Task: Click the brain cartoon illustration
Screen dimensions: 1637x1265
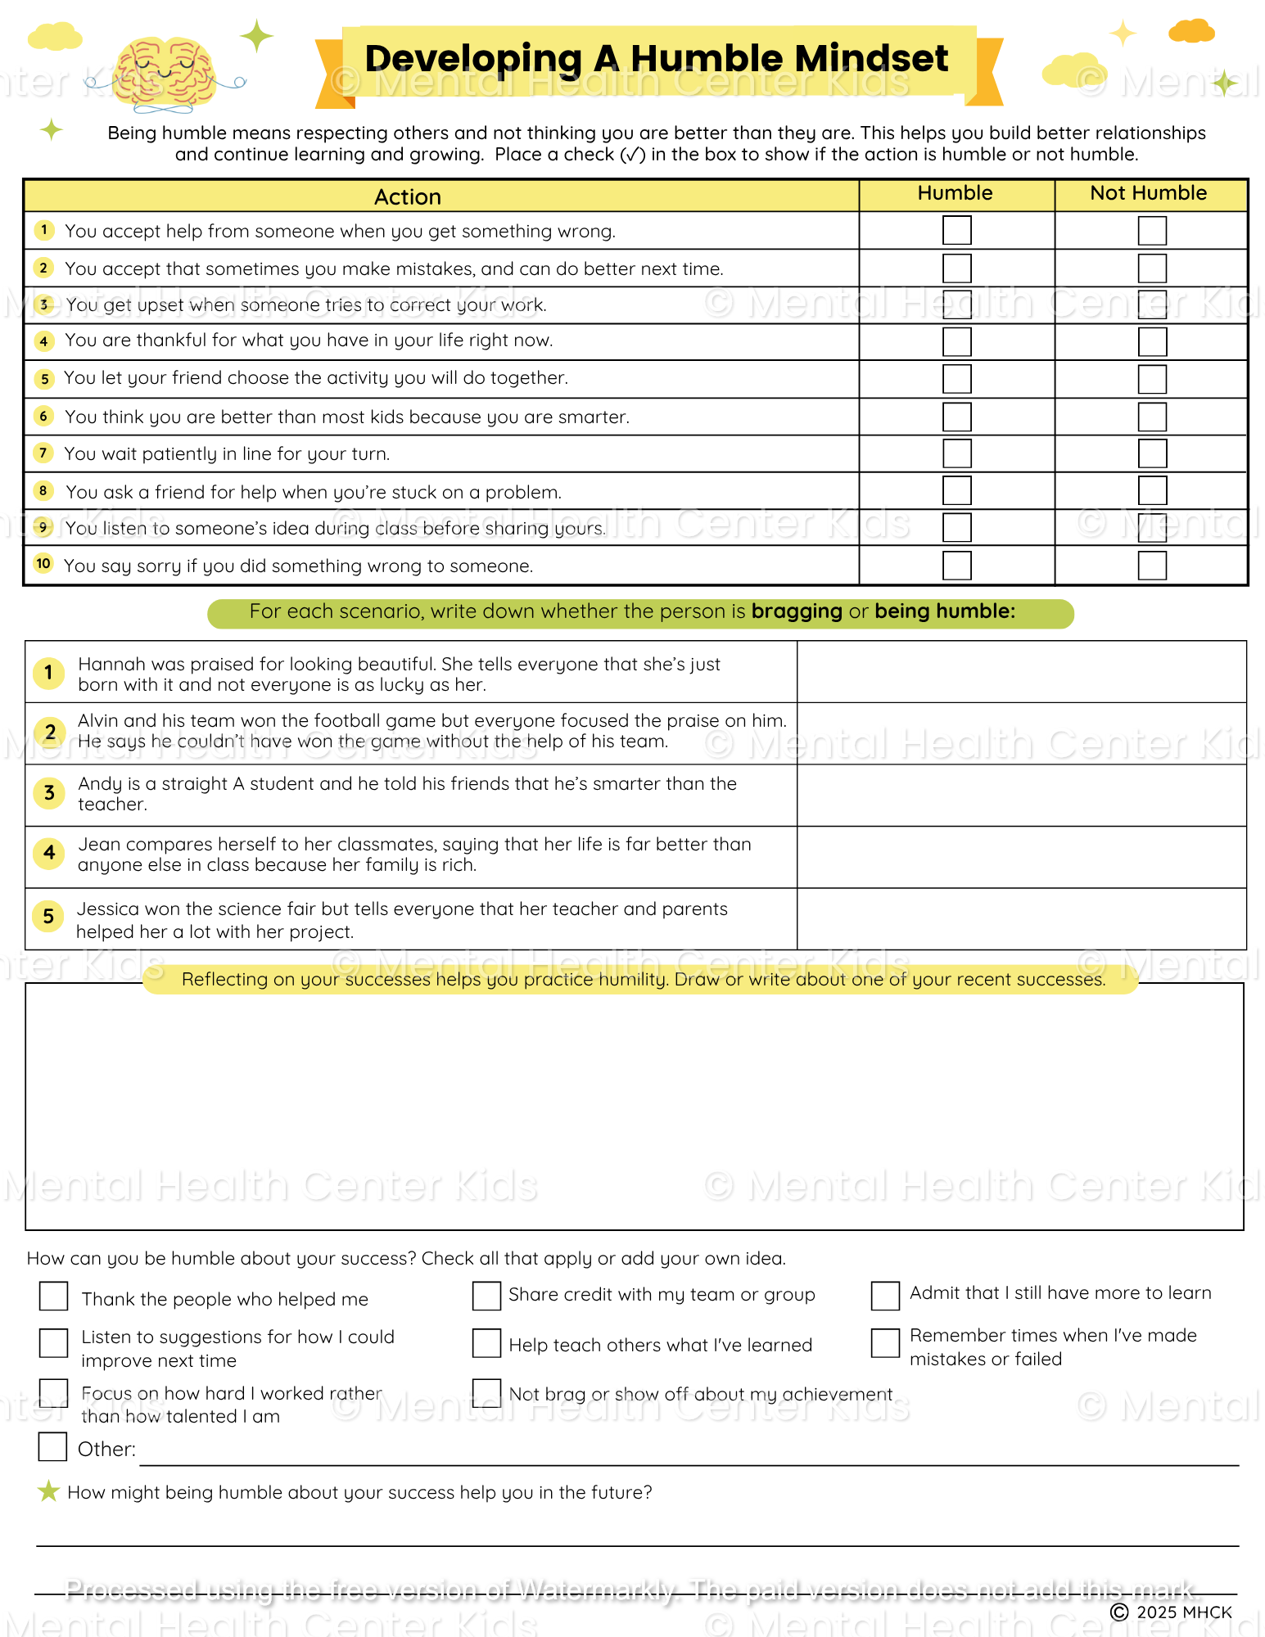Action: coord(165,74)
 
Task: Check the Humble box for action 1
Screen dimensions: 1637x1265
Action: coord(956,230)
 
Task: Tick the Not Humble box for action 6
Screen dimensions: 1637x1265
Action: coord(1152,417)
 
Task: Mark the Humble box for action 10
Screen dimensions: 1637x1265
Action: coord(956,566)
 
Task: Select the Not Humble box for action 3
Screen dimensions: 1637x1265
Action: coord(1152,304)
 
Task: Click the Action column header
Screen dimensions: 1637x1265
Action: coord(408,196)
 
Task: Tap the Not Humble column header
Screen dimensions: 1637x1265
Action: coord(1148,193)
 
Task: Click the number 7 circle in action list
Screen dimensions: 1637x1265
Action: coord(44,453)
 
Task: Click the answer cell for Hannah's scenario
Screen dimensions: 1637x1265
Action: coord(1021,672)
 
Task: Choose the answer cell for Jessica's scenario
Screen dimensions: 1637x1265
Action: coord(1021,919)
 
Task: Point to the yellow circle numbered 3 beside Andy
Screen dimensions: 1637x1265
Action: coord(49,792)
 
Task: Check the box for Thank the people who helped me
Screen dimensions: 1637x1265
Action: coord(54,1297)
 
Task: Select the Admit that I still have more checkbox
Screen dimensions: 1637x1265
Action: coord(885,1296)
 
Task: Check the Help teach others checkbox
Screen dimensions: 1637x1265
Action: coord(486,1343)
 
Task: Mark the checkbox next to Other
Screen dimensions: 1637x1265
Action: coord(53,1446)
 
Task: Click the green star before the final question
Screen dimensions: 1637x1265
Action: coord(48,1491)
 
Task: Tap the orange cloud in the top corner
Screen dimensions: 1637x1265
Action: coord(1191,31)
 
